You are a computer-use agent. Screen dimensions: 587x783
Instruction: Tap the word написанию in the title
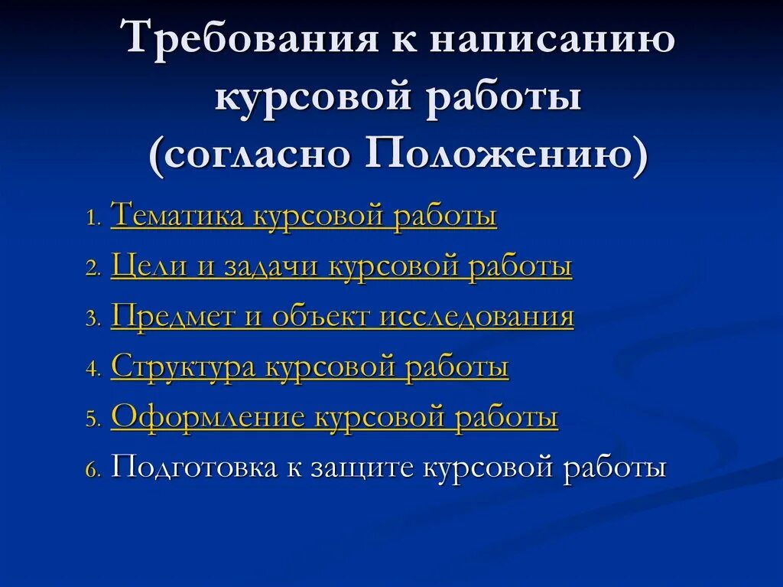[x=551, y=41]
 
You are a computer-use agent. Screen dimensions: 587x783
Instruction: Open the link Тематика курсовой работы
[x=304, y=216]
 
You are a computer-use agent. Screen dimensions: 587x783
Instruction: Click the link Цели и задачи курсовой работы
[x=341, y=266]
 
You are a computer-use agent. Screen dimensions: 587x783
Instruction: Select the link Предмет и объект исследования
[x=342, y=317]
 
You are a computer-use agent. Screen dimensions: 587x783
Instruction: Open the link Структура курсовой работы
[x=310, y=367]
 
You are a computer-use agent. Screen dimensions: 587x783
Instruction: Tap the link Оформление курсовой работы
[x=334, y=418]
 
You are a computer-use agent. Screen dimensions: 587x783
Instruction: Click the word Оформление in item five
[x=208, y=418]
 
